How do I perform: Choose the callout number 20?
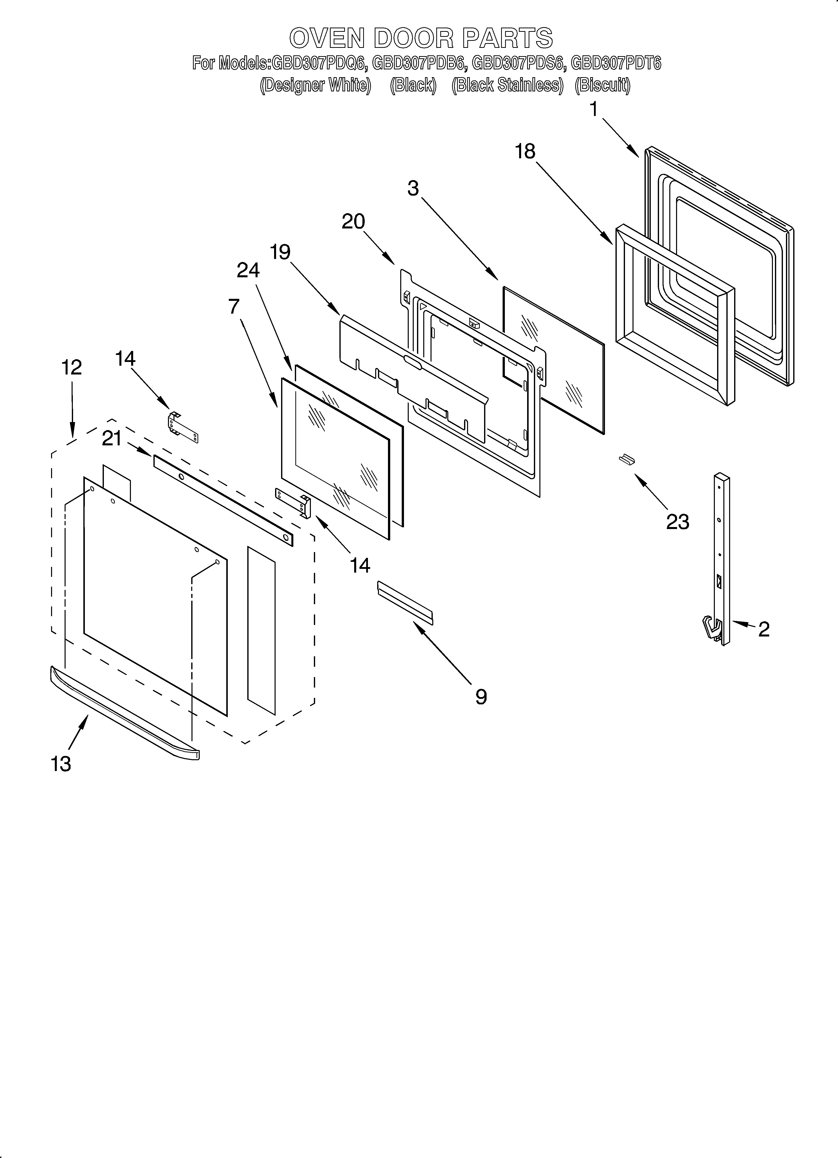coord(353,222)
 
